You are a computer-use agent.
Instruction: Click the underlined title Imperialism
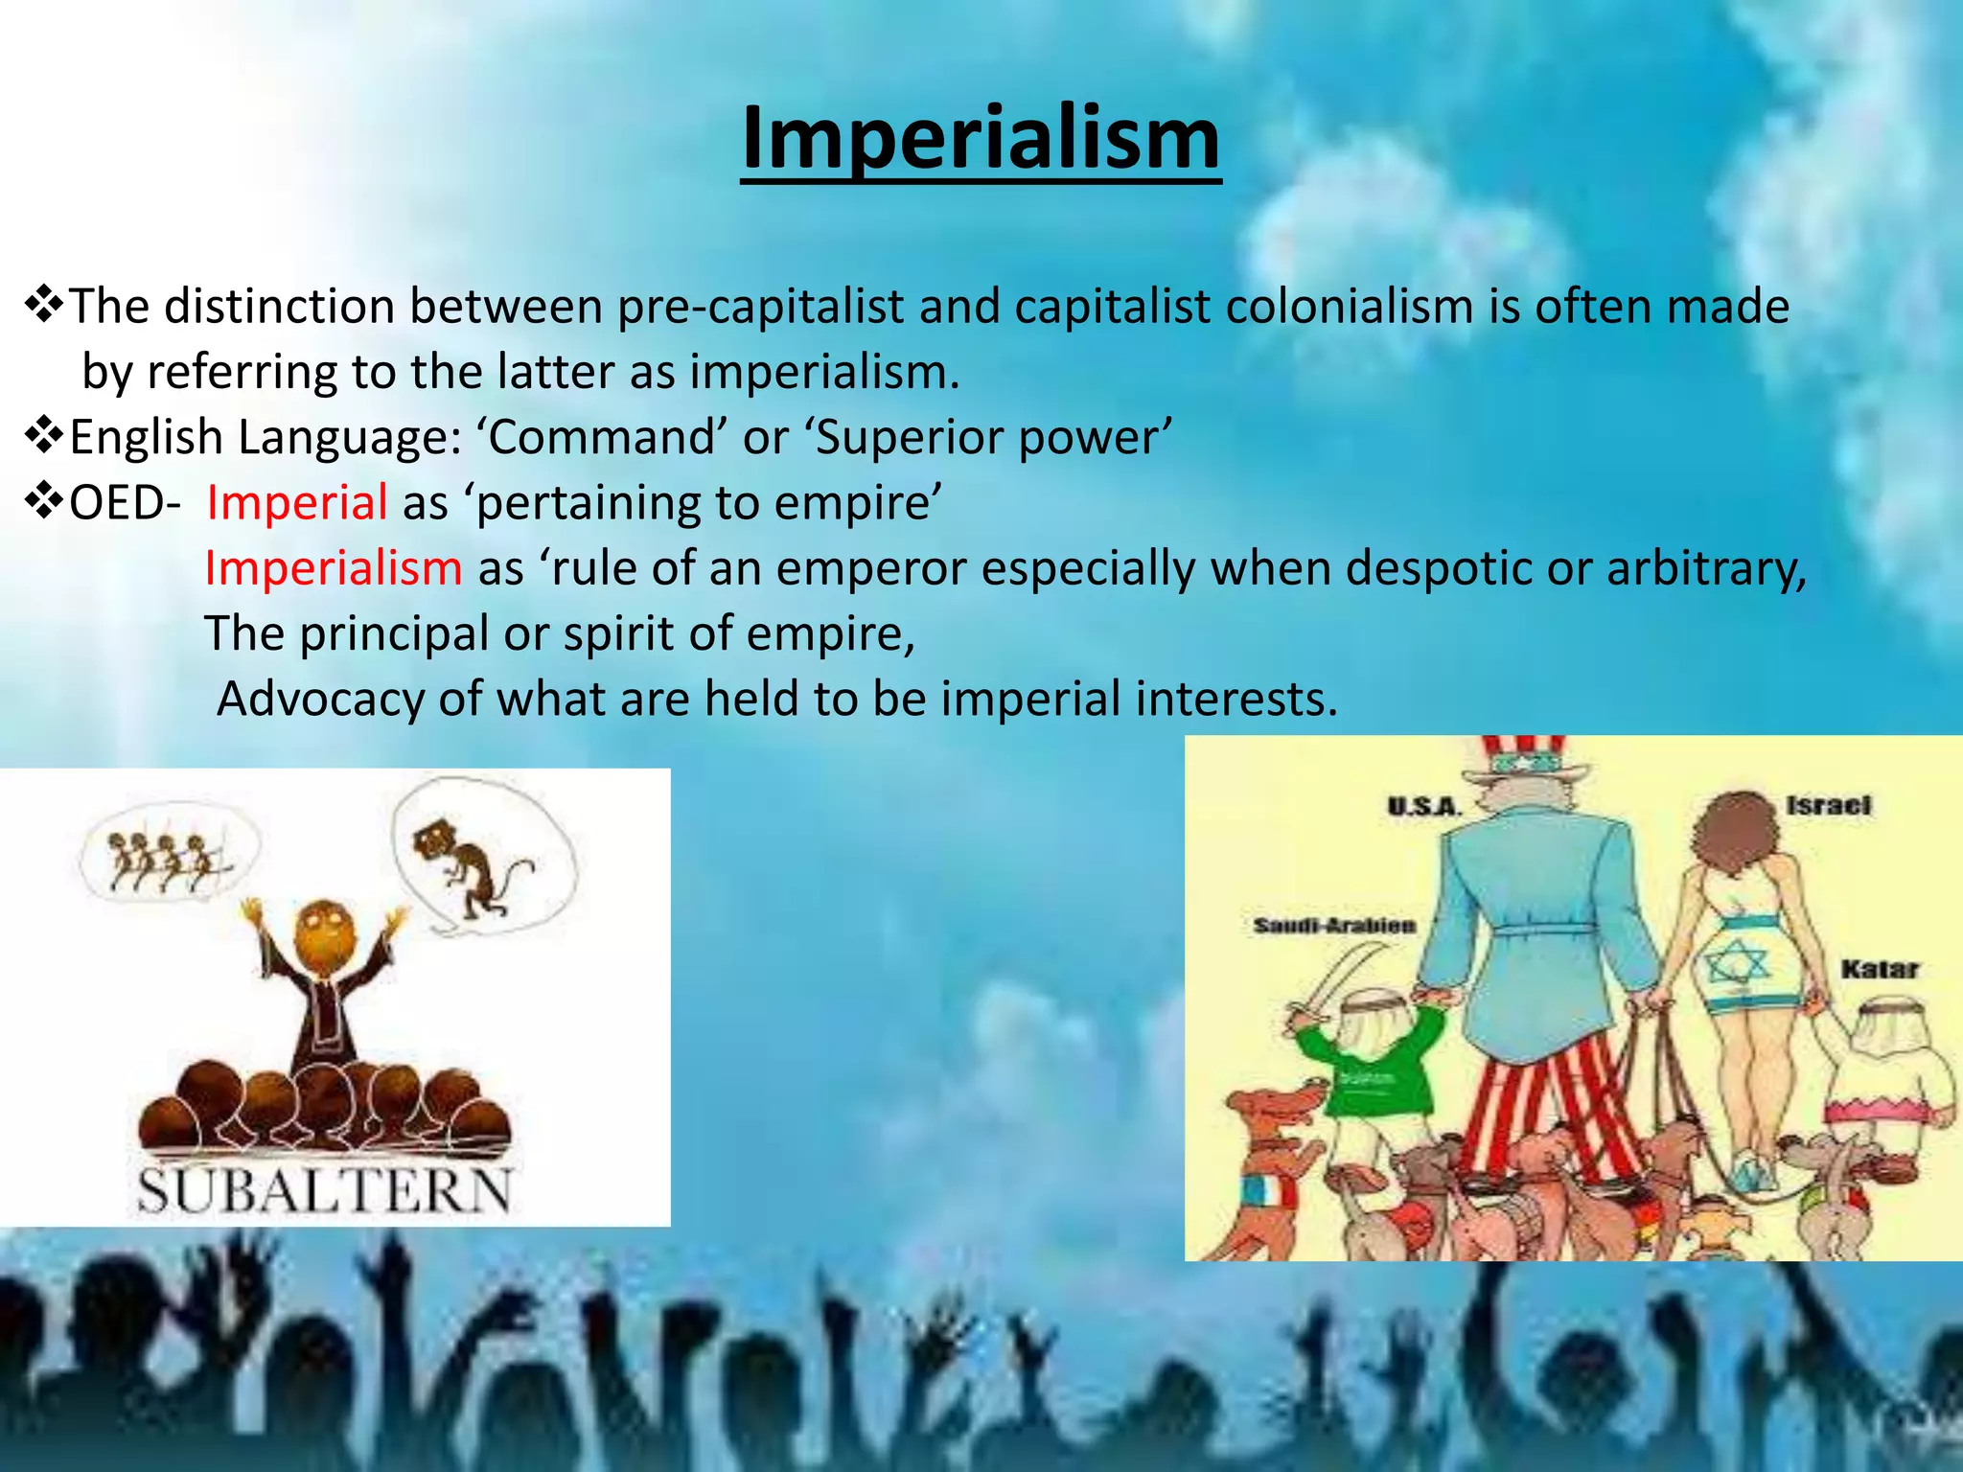pos(981,139)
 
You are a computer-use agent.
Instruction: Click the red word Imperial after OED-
pos(297,503)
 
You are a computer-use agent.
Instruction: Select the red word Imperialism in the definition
pos(334,568)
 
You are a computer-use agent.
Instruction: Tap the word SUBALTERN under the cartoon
pos(325,1191)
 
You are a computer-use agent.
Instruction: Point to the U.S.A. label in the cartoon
pos(1423,807)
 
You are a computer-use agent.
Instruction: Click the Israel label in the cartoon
pos(1828,805)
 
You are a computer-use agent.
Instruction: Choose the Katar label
pos(1879,970)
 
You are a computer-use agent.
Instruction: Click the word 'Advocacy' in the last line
pos(320,699)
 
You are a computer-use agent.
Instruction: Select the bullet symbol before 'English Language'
pos(44,437)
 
